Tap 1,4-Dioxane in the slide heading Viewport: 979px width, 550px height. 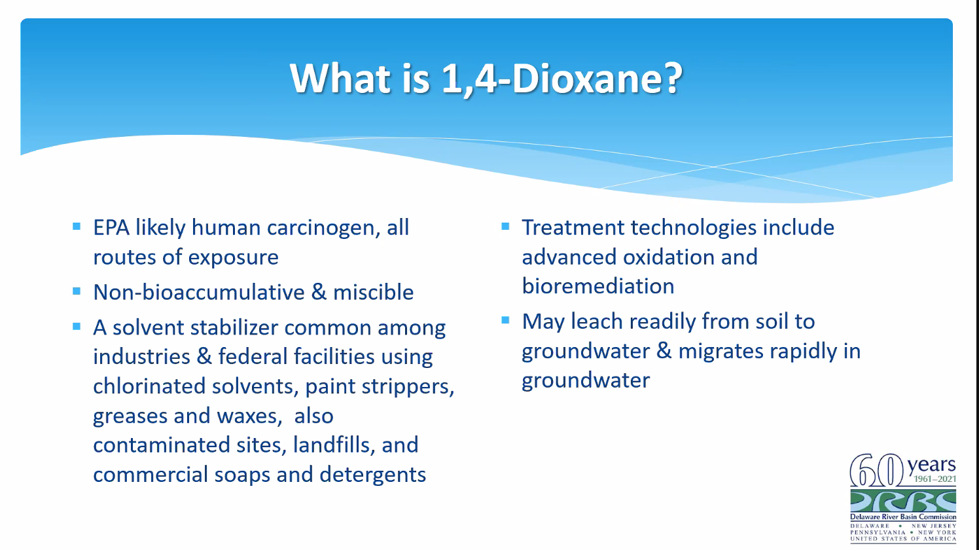(562, 79)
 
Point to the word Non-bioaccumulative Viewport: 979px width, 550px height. (199, 292)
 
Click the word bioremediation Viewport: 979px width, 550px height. (598, 286)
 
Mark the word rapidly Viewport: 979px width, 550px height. (804, 351)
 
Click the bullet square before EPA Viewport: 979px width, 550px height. (77, 227)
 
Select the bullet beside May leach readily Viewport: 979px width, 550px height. (505, 320)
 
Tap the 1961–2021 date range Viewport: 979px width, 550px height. (934, 479)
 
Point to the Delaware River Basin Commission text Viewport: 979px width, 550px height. (903, 517)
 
